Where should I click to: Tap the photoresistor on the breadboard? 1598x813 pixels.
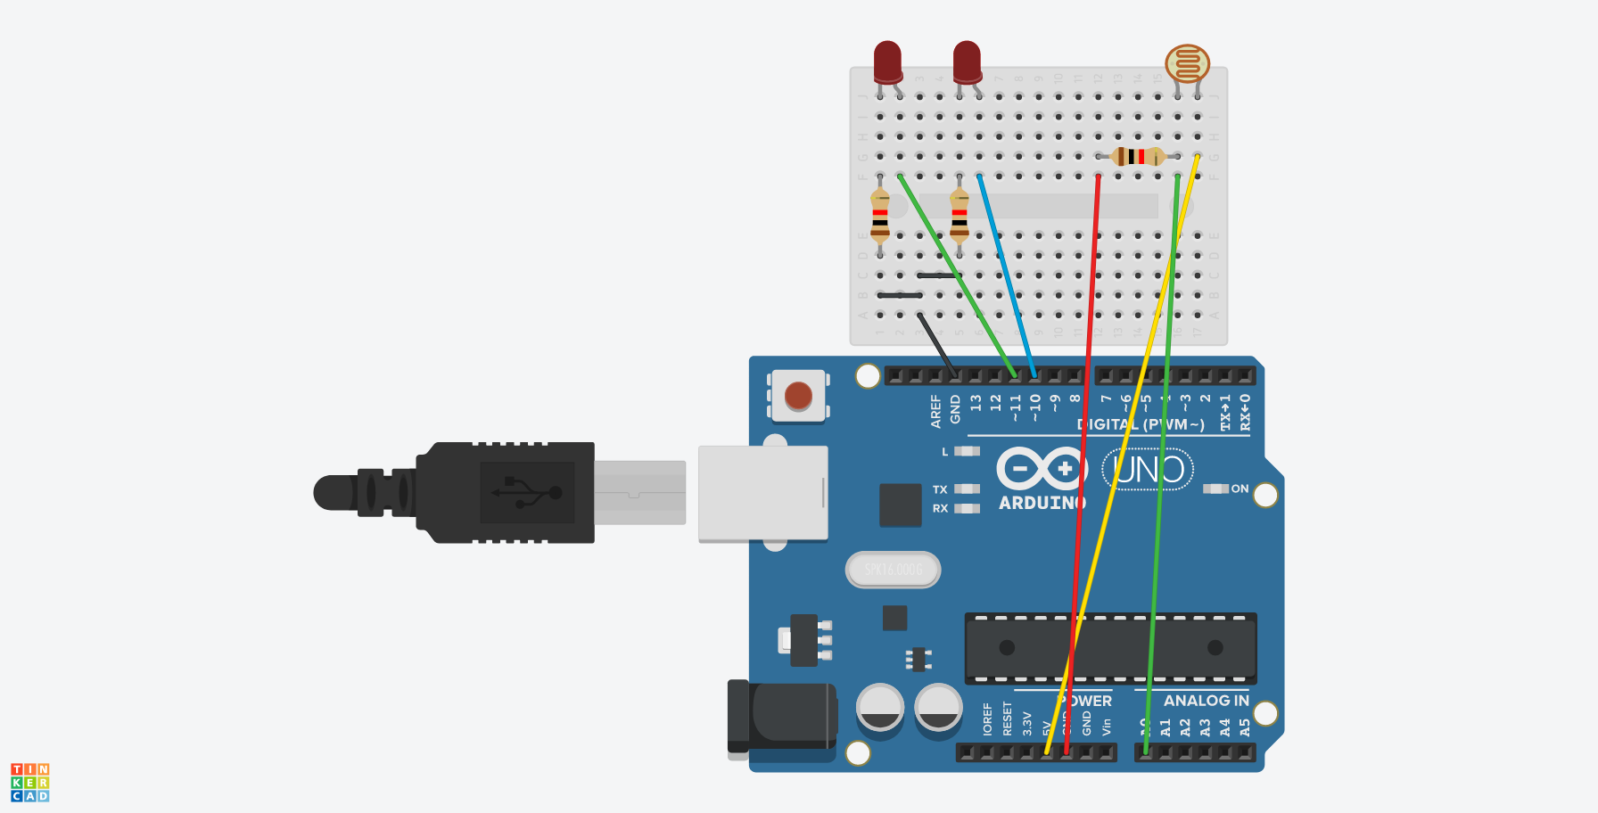[1187, 64]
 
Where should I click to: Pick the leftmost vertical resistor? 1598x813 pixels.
[880, 217]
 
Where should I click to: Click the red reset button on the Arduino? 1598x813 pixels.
[798, 395]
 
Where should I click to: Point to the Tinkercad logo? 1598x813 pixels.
[30, 782]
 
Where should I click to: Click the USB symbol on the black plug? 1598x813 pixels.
[526, 492]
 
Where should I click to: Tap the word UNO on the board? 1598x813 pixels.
[1149, 470]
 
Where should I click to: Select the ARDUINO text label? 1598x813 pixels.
[1042, 503]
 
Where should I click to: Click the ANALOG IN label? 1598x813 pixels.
[1206, 701]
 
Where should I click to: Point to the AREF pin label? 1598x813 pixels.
[935, 411]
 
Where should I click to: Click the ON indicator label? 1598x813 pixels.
[1240, 489]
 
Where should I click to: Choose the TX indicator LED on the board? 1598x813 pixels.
[967, 489]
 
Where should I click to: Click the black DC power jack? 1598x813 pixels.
[782, 717]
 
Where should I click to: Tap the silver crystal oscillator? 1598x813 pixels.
[893, 570]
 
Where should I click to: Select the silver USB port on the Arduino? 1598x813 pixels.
[762, 493]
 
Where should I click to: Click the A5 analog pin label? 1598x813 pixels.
[1245, 727]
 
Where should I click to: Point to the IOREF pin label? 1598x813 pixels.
[987, 719]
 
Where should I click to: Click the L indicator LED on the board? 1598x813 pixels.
[967, 451]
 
